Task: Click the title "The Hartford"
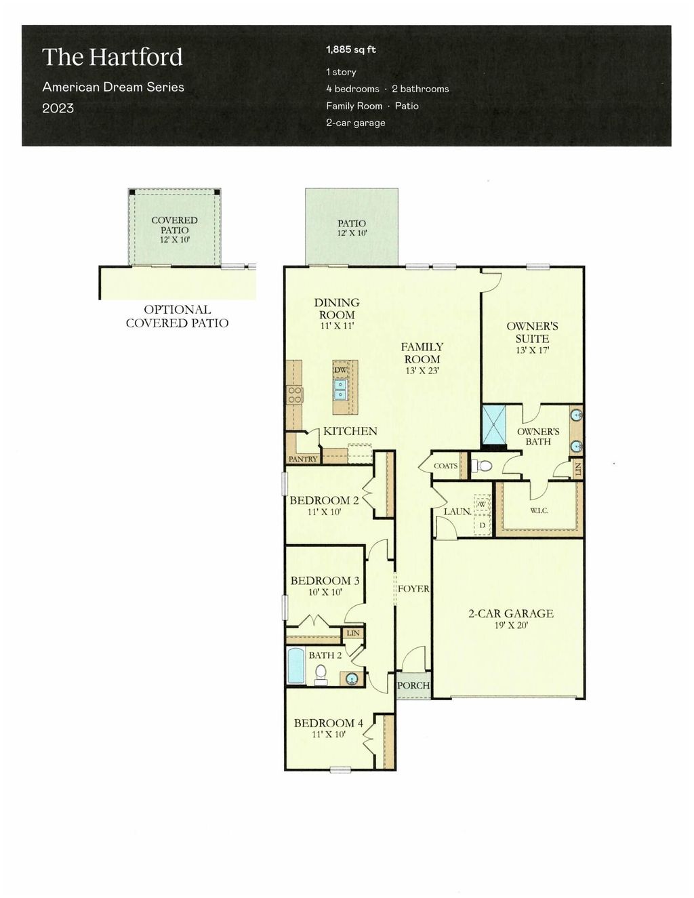[x=113, y=57]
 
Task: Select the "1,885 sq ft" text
[x=350, y=49]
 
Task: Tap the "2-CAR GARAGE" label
[x=511, y=613]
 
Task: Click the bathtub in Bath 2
[x=296, y=666]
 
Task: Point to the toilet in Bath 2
[x=321, y=673]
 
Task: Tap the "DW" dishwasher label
[x=340, y=370]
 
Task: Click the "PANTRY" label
[x=302, y=459]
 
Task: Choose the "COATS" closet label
[x=445, y=466]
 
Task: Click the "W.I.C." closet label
[x=539, y=510]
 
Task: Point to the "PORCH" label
[x=413, y=685]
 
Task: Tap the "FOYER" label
[x=413, y=589]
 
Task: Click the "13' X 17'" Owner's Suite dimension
[x=532, y=350]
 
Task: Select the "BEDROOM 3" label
[x=325, y=581]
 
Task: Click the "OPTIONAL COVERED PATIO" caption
[x=177, y=317]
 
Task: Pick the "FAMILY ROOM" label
[x=422, y=353]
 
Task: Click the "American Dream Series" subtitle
[x=113, y=87]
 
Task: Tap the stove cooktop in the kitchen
[x=295, y=394]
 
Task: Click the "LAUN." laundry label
[x=457, y=512]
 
